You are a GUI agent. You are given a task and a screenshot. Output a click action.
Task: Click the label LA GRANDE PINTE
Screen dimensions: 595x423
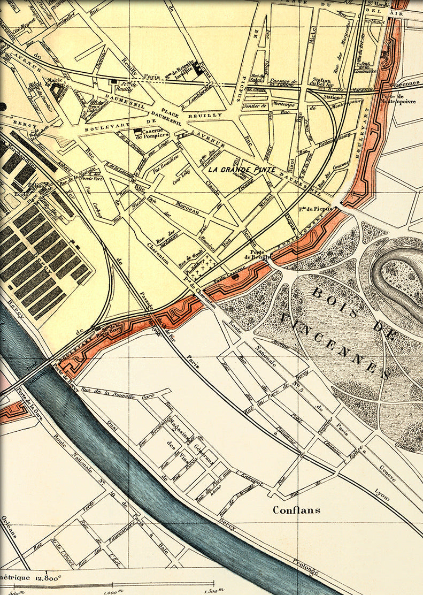pos(241,170)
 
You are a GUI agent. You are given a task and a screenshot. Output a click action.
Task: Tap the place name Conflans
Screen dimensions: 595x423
pos(297,510)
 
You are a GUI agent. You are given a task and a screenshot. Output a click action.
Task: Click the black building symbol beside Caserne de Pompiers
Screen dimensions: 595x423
pos(138,131)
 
